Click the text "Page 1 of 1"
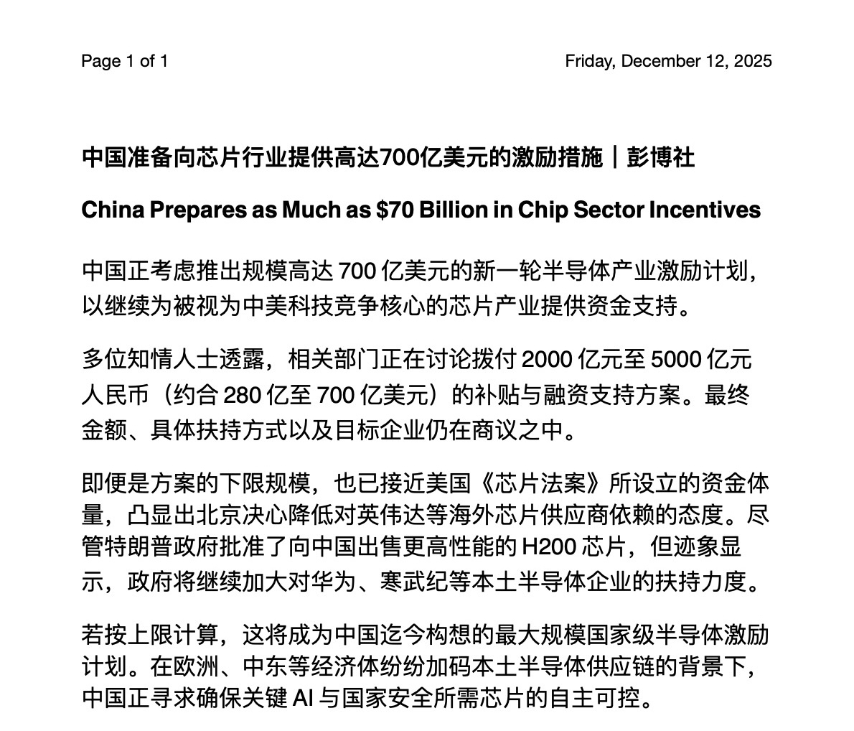[124, 61]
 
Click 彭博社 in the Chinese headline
[660, 157]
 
